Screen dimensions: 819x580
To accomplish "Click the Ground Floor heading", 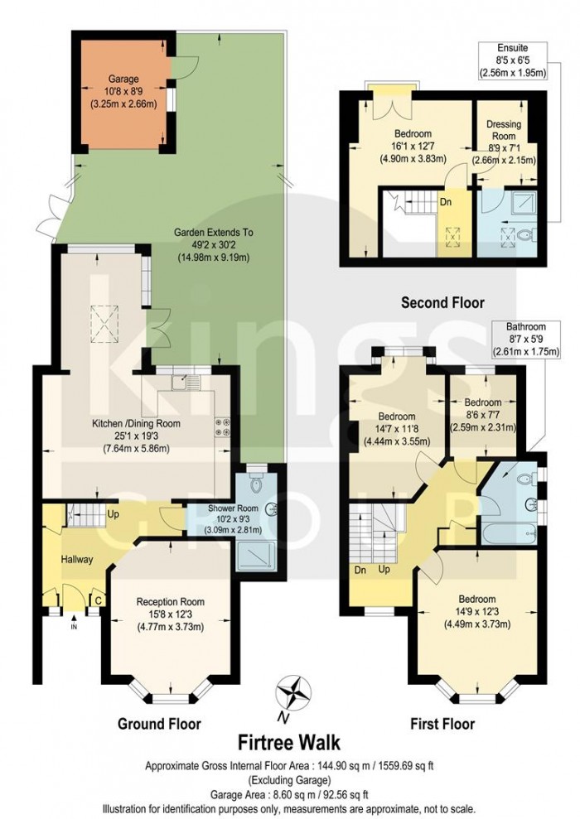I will pyautogui.click(x=159, y=724).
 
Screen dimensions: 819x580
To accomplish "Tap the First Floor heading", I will pyautogui.click(x=442, y=724).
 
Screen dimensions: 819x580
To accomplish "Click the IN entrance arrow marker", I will pyautogui.click(x=73, y=623).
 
